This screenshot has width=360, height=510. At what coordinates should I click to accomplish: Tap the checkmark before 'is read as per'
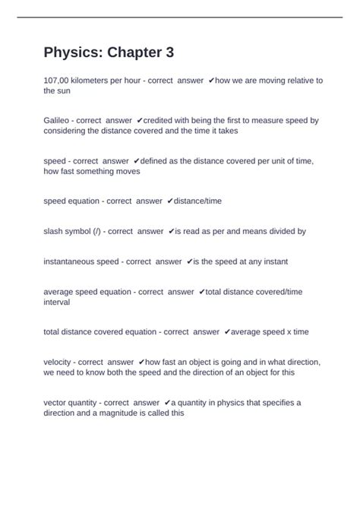[172, 231]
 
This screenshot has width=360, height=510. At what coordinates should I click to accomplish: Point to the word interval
[56, 302]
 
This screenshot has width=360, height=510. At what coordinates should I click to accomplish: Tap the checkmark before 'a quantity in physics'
[167, 402]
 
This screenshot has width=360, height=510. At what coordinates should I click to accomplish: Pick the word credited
[163, 120]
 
